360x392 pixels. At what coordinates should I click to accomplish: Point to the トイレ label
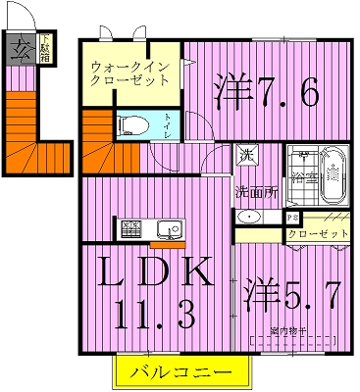pyautogui.click(x=169, y=130)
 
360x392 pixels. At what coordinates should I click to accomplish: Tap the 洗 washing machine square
pyautogui.click(x=243, y=155)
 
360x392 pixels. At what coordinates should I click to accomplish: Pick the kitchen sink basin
pyautogui.click(x=168, y=231)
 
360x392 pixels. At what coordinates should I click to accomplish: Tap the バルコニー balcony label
pyautogui.click(x=182, y=373)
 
